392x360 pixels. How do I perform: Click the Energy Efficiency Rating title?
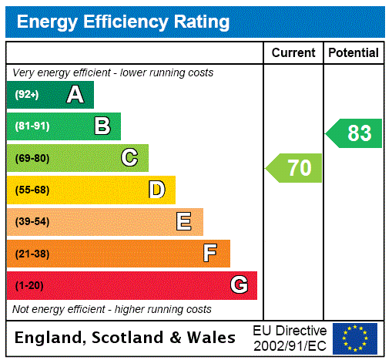123,22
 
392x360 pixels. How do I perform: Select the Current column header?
293,53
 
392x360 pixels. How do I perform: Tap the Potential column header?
353,53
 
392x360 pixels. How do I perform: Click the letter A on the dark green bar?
75,95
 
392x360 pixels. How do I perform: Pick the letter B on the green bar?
102,126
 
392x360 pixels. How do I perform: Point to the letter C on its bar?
129,158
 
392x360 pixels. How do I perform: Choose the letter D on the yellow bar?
156,190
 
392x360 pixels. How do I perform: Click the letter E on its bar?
184,222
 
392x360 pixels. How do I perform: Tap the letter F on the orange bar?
210,254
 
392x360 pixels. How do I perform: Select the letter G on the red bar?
239,285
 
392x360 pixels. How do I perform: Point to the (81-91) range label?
32,126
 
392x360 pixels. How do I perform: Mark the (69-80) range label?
32,158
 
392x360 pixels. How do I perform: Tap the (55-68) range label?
32,190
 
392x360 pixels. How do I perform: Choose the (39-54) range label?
32,222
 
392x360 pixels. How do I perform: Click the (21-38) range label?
32,254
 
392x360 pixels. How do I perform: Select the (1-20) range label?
29,285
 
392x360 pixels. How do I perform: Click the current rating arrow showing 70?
295,167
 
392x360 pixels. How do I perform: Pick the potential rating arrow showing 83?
354,133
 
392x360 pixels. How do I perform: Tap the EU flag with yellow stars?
355,338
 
